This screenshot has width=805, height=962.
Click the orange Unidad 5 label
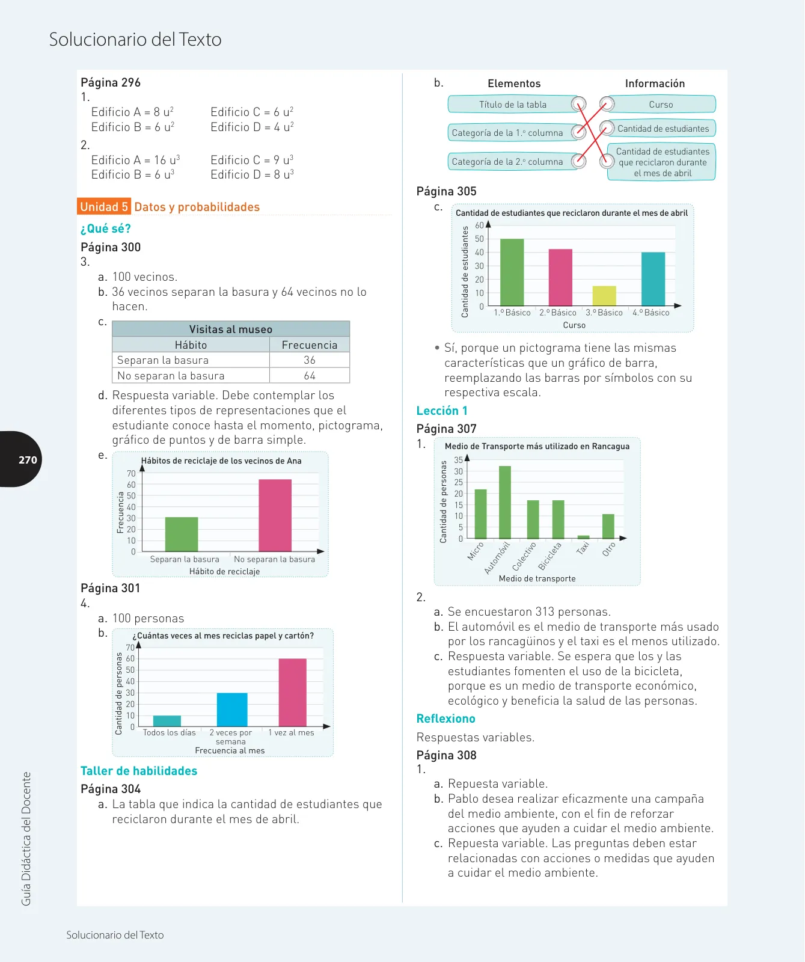104,207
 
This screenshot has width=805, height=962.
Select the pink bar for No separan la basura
275,515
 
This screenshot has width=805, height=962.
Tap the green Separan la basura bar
182,534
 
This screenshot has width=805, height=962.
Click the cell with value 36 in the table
310,360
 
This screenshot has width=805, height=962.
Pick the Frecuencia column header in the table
310,345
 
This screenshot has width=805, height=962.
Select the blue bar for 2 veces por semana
232,709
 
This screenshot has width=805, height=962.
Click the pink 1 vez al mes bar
293,693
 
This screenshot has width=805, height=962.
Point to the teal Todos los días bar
167,721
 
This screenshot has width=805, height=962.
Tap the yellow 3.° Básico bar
604,296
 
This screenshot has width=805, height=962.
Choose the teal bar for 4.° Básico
653,279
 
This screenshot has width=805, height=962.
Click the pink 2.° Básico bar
560,277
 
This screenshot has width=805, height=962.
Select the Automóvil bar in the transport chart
505,502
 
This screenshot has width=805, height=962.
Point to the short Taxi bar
583,537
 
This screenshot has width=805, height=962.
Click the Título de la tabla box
513,105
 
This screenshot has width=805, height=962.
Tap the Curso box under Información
661,105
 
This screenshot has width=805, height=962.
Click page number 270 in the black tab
28,460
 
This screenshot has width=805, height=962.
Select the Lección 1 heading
442,411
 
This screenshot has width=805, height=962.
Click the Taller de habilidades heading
139,771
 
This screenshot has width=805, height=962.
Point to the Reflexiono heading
446,718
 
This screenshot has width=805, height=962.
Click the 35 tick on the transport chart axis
459,460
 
